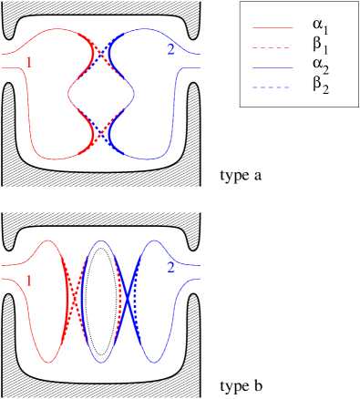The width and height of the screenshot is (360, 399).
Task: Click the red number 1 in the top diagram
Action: (30, 63)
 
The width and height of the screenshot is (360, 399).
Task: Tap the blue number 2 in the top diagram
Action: (170, 49)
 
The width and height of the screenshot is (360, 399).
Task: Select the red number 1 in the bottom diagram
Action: (30, 281)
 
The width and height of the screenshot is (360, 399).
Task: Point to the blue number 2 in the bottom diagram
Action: (170, 268)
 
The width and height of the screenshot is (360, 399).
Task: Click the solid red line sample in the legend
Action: (273, 27)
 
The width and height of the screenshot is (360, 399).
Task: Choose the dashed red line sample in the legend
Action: (273, 47)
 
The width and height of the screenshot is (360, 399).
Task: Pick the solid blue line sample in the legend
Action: (273, 67)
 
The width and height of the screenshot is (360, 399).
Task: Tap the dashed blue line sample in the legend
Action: (273, 87)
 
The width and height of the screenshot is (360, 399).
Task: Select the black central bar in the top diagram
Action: (101, 91)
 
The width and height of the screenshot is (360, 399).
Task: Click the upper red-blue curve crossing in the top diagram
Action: (101, 51)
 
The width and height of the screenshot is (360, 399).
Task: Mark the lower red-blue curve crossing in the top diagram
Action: (101, 129)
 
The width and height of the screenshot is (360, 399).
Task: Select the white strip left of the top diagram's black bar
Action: (55, 91)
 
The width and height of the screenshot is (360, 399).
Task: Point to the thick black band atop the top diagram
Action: (101, 18)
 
